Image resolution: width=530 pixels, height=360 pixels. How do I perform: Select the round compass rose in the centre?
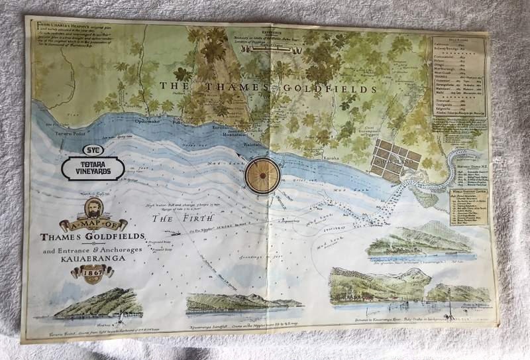(x=264, y=174)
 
